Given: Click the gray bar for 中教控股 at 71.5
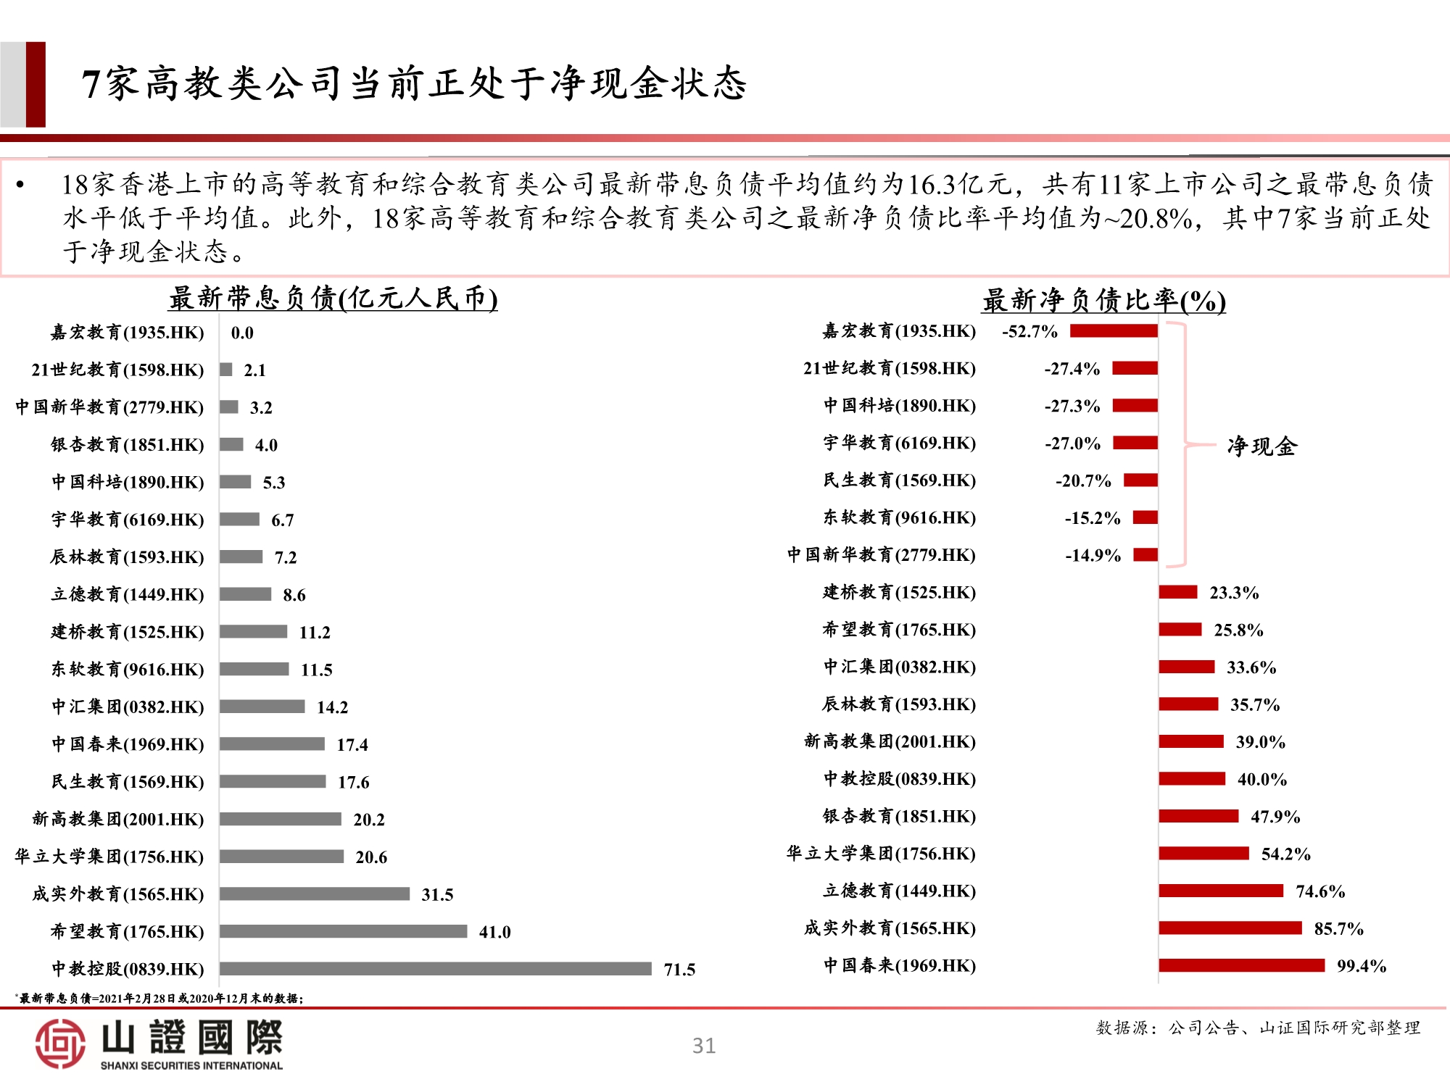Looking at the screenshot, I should pos(435,969).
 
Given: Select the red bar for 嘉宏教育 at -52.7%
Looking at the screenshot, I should pos(1114,331).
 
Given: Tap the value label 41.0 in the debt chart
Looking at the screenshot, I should pos(494,932).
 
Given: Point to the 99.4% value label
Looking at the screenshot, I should pos(1361,966).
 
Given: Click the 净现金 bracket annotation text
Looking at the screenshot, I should pos(1261,446).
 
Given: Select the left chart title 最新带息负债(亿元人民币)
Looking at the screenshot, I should pos(333,298).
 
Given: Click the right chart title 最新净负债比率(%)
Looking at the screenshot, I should pos(1103,300).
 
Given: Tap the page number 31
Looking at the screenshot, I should pos(703,1046).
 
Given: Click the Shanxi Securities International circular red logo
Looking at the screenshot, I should pos(60,1044).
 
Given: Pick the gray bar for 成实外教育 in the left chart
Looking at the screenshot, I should pos(315,894).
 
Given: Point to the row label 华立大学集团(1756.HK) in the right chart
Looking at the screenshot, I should pos(881,854).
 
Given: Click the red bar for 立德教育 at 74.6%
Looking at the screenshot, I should pos(1221,891).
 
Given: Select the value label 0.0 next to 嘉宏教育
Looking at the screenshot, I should pos(242,333).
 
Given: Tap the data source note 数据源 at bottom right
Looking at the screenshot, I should pos(1257,1028).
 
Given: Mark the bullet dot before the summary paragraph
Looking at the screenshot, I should pos(20,186).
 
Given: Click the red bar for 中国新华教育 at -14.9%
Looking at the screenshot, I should pos(1145,555).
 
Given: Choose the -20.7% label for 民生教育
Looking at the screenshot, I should pos(1083,480).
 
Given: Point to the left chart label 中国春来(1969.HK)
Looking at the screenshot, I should pos(128,744).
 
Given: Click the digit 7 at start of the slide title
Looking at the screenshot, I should pos(90,84).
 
